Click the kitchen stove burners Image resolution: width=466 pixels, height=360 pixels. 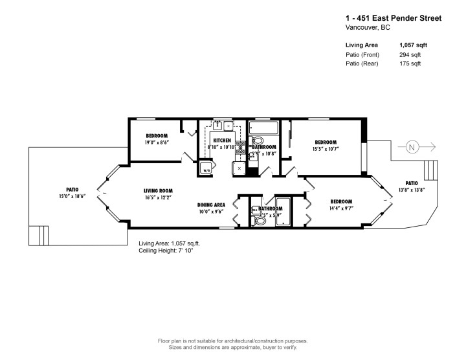coord(241,147)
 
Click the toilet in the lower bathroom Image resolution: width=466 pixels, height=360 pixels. coord(260,221)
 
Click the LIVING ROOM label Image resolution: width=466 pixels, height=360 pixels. coord(158,190)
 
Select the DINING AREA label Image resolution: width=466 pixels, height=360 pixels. coord(211,205)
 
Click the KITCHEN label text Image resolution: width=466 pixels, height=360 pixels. coord(223,140)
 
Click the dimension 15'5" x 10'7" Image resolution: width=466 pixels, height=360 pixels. coord(326,149)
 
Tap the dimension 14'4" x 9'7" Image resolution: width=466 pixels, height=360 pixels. coord(340,208)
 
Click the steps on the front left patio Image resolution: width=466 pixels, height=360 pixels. coord(41,234)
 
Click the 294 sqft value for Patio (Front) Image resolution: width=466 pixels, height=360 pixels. coord(409,55)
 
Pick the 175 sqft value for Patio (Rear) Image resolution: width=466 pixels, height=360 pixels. coord(409,65)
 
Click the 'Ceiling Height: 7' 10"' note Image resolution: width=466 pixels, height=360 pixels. coord(166,250)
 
